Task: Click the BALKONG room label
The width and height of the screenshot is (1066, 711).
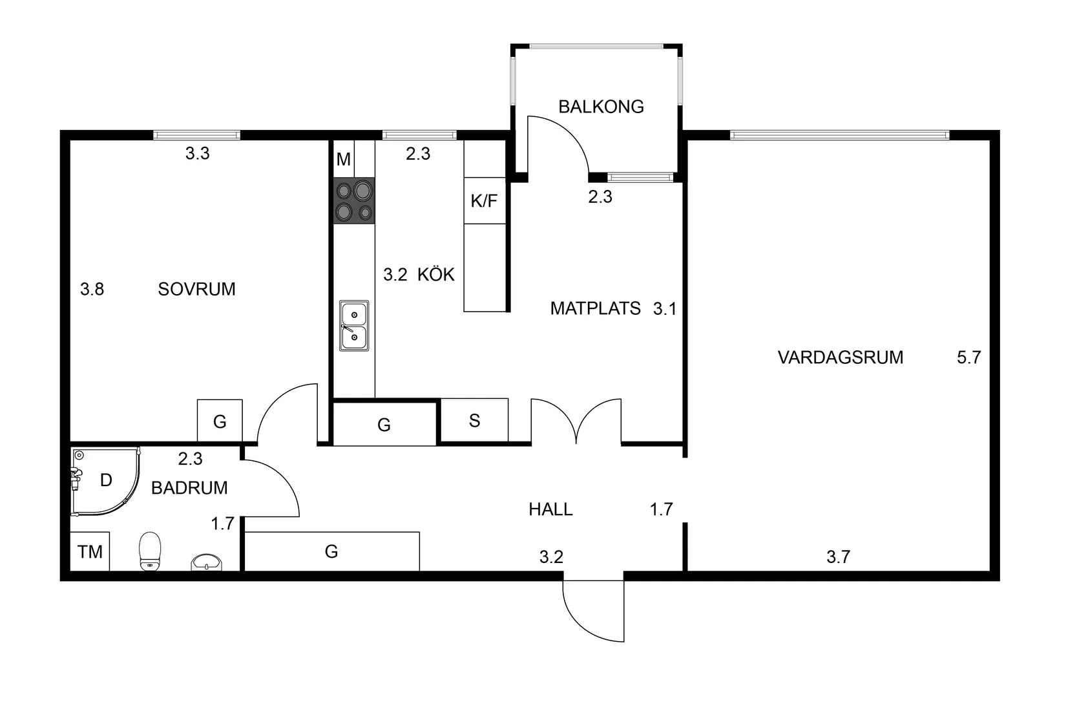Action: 601,107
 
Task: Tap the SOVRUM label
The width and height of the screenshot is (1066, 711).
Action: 196,289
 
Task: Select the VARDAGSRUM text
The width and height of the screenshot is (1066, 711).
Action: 840,357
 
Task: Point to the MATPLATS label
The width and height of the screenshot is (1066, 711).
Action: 595,308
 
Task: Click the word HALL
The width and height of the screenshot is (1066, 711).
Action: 550,509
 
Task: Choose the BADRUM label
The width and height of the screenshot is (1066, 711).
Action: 189,488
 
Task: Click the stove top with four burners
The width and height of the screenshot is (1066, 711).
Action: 354,201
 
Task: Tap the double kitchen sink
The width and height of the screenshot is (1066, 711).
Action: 354,325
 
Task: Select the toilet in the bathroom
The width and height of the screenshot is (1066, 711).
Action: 150,551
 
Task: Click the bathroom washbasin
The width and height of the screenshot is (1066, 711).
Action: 206,562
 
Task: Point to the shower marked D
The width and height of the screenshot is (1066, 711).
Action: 105,481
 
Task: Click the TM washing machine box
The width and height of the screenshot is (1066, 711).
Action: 90,551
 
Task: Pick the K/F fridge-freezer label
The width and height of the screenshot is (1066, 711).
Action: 484,201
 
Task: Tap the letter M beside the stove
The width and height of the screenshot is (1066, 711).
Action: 344,159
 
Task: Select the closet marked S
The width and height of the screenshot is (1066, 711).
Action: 474,421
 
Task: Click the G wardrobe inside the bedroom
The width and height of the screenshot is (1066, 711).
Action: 220,421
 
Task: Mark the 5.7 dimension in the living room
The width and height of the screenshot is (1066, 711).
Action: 968,357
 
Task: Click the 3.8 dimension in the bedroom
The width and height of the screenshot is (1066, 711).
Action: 92,289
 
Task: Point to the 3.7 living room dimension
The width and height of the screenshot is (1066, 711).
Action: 838,557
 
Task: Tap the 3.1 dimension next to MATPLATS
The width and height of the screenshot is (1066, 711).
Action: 664,309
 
